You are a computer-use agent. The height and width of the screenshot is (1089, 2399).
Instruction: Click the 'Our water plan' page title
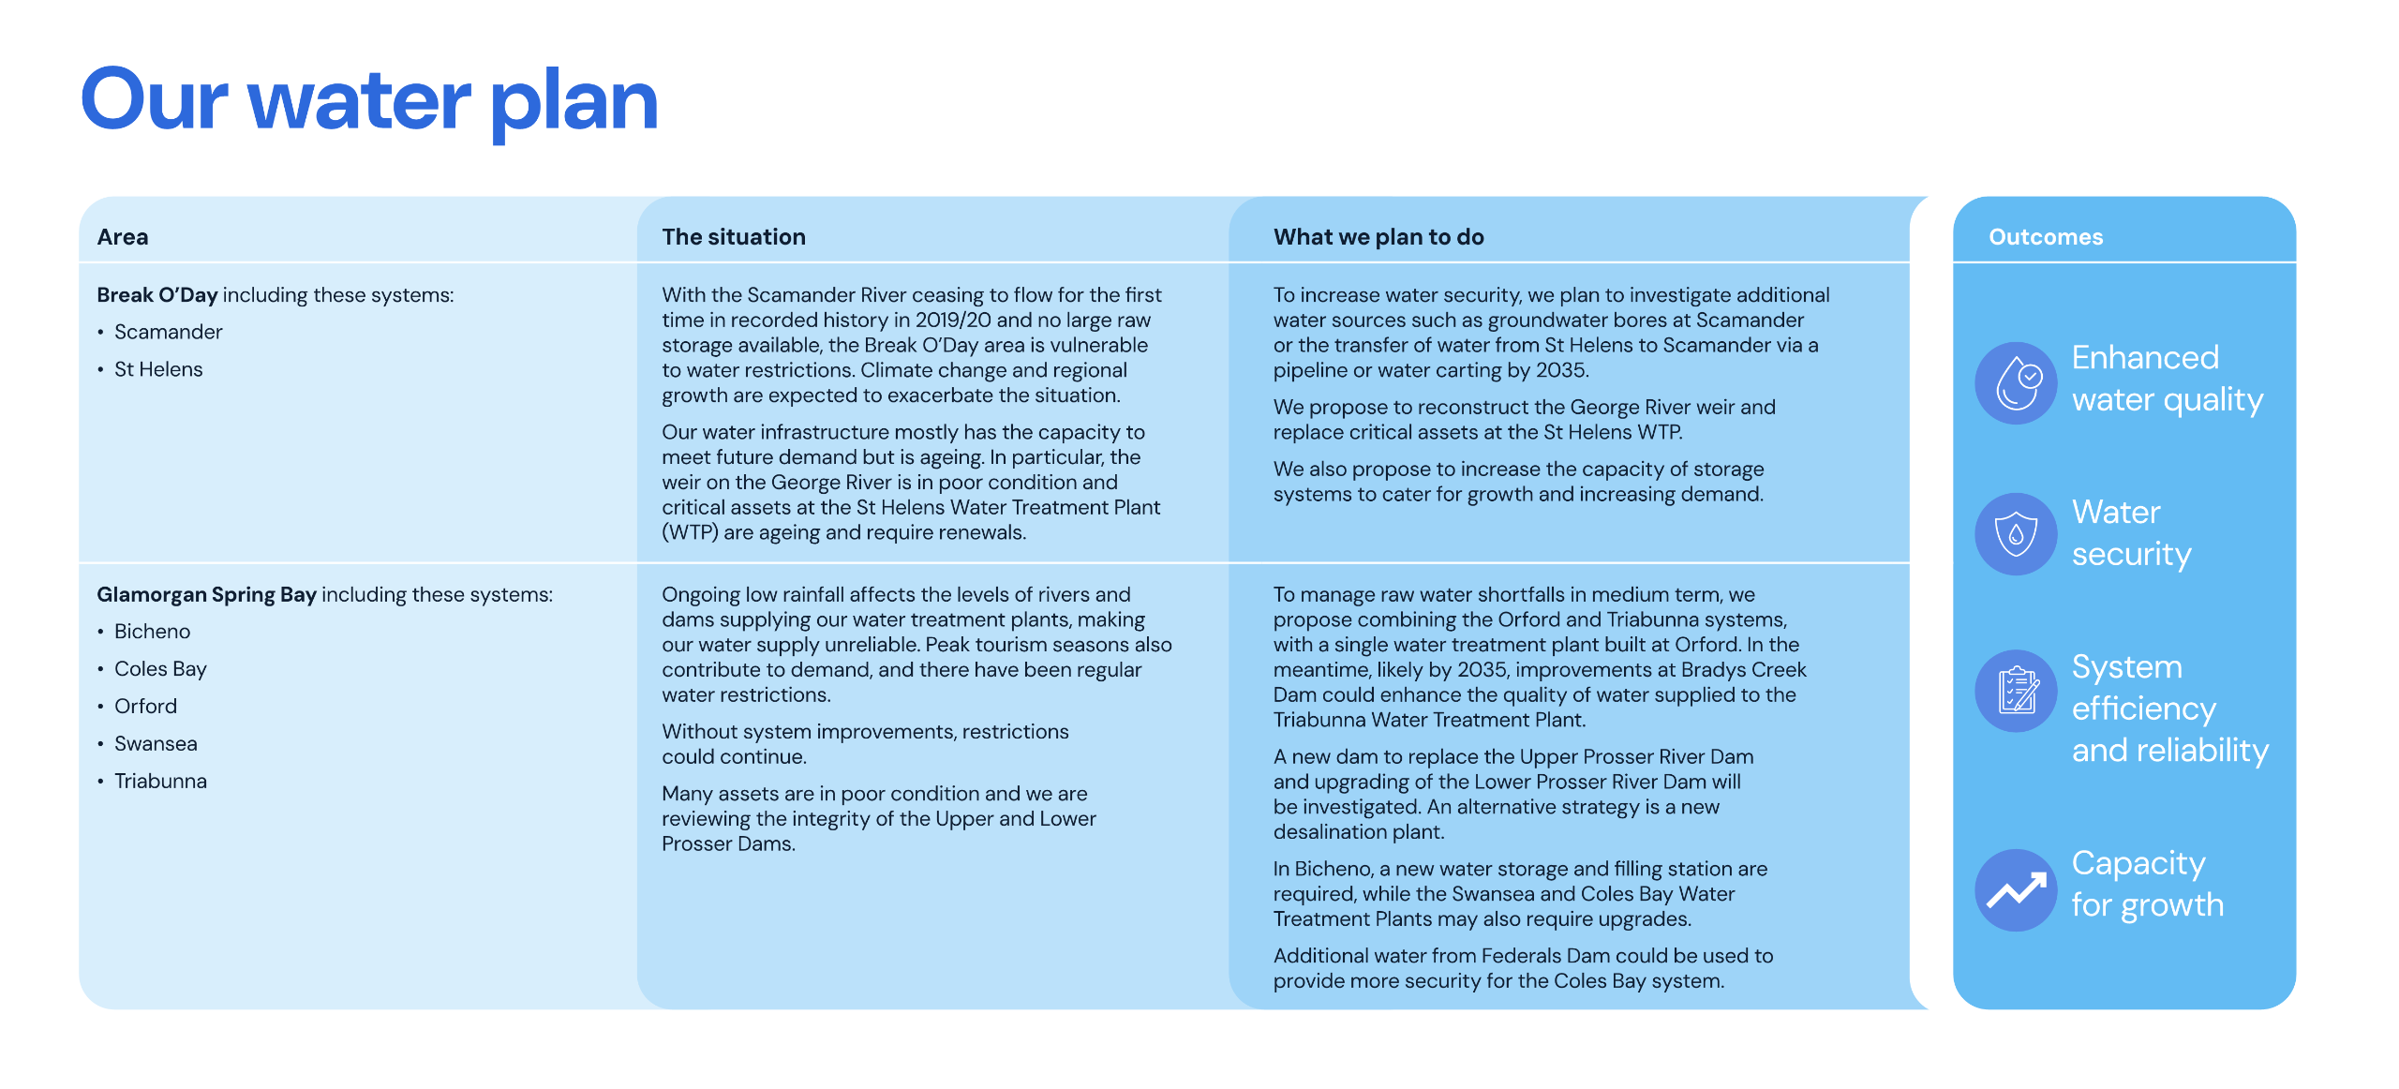click(x=369, y=101)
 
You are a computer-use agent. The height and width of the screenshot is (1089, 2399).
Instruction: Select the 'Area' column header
click(x=123, y=237)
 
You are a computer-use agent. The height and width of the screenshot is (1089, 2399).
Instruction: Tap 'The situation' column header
click(x=733, y=237)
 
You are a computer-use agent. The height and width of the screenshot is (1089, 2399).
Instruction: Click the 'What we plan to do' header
click(x=1378, y=237)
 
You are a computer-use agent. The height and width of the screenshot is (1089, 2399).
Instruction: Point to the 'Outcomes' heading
click(x=2045, y=237)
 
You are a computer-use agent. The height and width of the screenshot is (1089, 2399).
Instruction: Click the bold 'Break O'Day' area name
click(x=156, y=295)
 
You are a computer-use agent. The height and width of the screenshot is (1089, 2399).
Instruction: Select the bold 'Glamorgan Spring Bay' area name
click(x=206, y=595)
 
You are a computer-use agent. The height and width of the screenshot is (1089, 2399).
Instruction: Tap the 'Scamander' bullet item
click(x=168, y=333)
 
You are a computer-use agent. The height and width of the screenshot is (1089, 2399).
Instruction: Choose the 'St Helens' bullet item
click(x=158, y=370)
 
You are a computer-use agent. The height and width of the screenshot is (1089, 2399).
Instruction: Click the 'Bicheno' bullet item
click(x=152, y=632)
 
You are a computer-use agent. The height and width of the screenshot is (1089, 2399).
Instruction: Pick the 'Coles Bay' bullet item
click(x=160, y=669)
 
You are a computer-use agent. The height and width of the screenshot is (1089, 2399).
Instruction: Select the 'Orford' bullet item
click(x=145, y=707)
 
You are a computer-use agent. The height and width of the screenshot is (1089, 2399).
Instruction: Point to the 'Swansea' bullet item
click(x=156, y=744)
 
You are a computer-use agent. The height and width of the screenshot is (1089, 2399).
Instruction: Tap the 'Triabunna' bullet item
click(x=160, y=782)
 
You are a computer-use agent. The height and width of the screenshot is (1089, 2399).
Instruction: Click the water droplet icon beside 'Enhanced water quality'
click(x=2016, y=383)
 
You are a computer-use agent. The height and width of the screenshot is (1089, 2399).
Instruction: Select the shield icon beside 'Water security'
click(x=2016, y=534)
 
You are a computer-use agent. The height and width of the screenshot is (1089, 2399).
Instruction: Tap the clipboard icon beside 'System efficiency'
click(x=2016, y=691)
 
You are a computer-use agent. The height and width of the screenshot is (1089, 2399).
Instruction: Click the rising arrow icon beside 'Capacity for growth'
click(x=2016, y=890)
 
